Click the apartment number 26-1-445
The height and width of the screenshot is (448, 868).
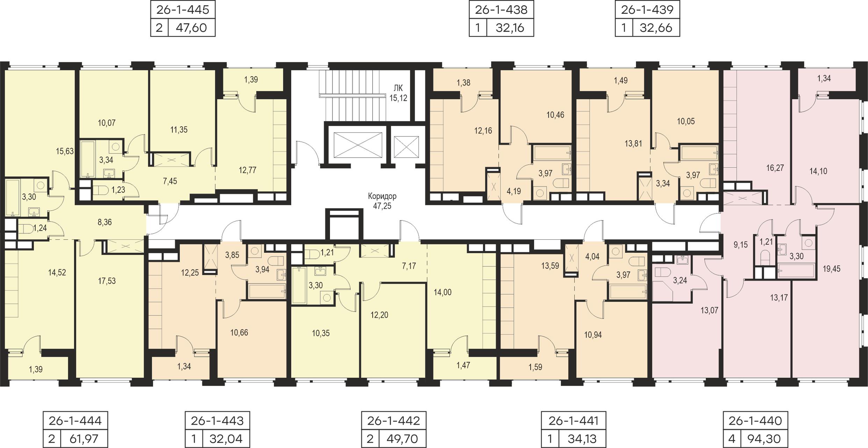[x=182, y=9]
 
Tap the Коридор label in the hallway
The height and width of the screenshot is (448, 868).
[x=382, y=196]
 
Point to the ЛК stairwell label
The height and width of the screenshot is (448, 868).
[x=398, y=88]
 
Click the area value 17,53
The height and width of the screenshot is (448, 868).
[x=107, y=281]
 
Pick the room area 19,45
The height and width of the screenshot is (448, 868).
[x=832, y=269]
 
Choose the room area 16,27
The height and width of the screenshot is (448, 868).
[x=775, y=168]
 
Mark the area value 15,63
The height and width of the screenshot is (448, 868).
[x=65, y=151]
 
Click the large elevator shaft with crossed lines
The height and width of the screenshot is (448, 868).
[x=358, y=145]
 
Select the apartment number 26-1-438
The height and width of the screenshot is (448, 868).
[x=501, y=9]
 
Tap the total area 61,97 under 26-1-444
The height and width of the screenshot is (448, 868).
[x=84, y=439]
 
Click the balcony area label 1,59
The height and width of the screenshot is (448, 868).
[x=535, y=367]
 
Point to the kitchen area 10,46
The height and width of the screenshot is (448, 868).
[x=555, y=115]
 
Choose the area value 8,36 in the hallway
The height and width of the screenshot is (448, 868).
[x=105, y=222]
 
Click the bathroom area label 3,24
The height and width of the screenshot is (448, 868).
[x=680, y=280]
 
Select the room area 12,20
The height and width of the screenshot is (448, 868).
[x=379, y=315]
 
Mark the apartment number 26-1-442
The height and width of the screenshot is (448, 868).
[x=393, y=420]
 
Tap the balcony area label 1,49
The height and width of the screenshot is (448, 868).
[x=620, y=80]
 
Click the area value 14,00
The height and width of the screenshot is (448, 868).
[x=443, y=292]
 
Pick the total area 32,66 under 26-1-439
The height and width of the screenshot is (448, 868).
[x=656, y=28]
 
